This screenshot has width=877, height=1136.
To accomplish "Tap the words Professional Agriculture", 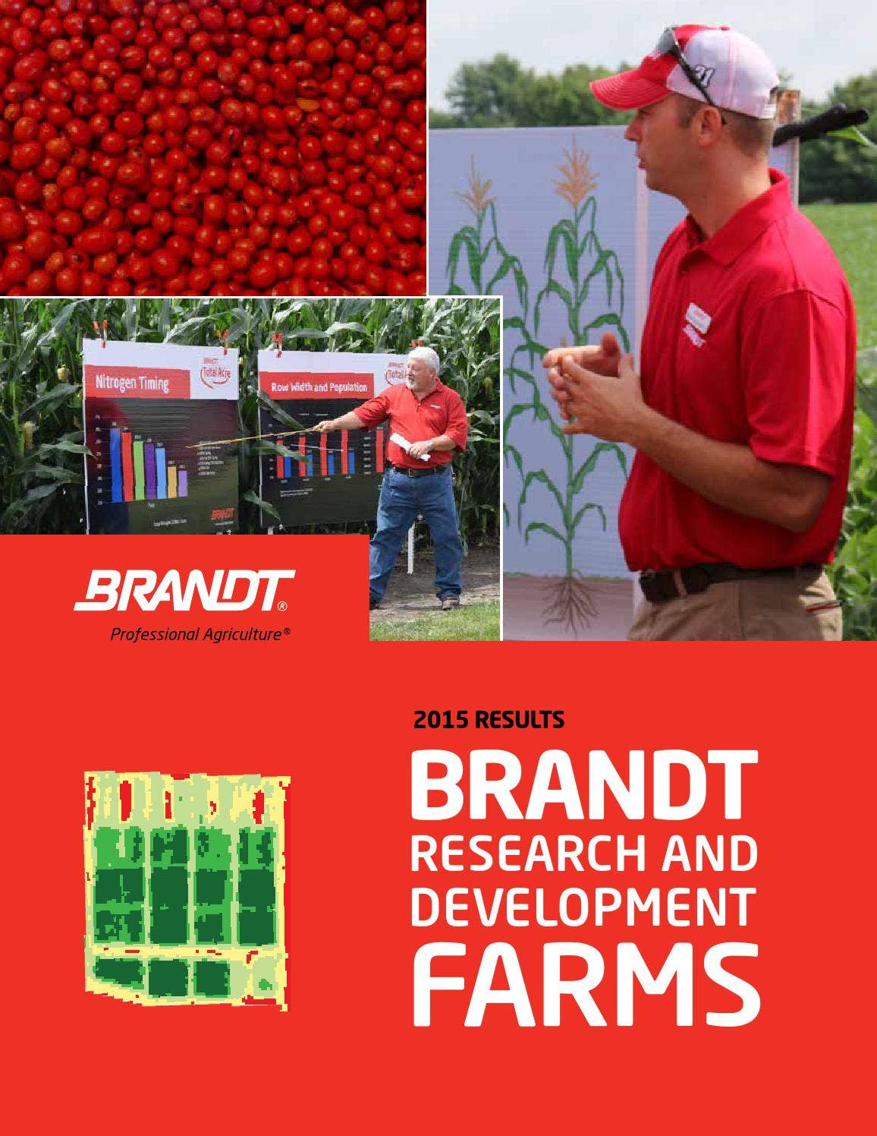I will [199, 634].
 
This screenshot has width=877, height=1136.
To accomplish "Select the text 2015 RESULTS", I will [489, 719].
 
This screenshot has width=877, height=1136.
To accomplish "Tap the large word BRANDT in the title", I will [583, 785].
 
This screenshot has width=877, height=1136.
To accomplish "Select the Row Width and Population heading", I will [319, 387].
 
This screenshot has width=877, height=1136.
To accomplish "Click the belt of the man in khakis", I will [721, 579].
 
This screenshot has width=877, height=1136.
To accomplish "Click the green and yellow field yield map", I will [186, 888].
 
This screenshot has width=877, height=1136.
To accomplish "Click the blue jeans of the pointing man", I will [417, 532].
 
